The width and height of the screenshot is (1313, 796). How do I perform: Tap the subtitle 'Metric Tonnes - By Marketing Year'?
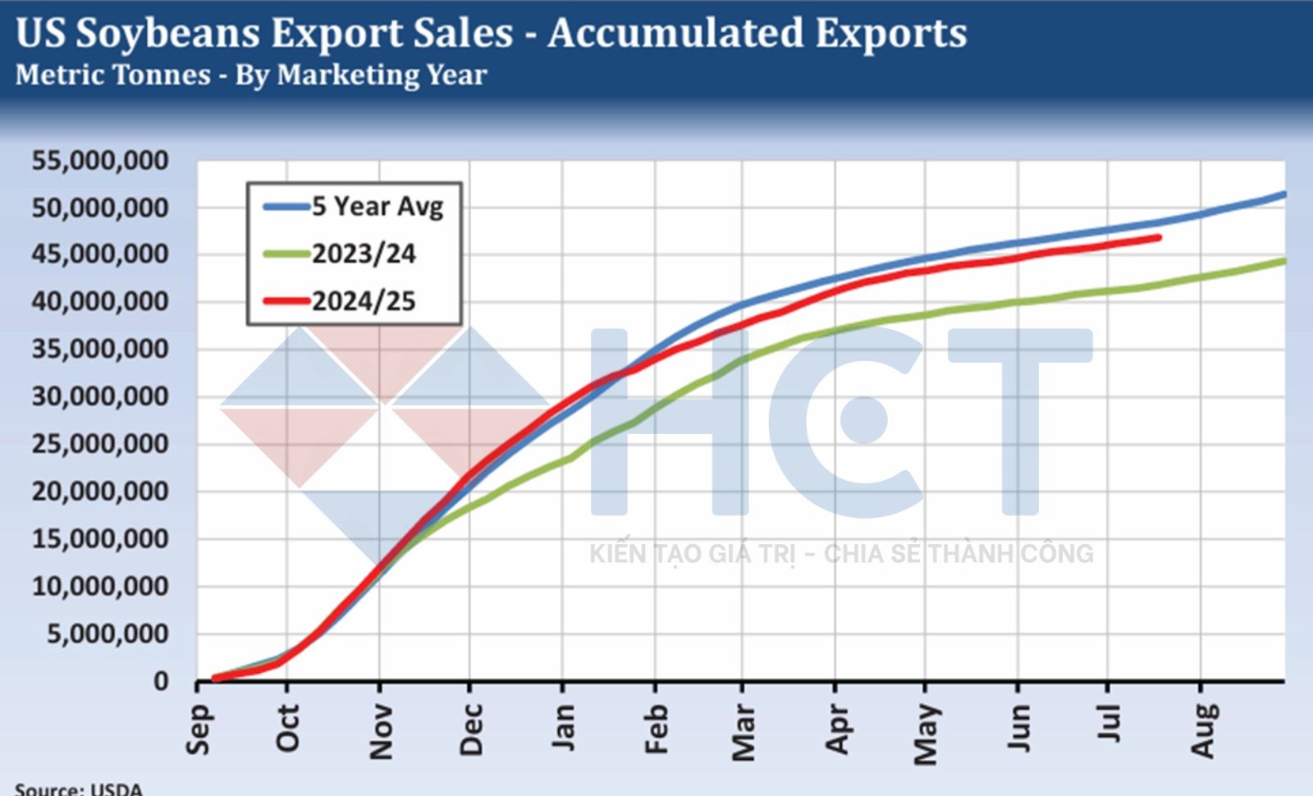coord(251,75)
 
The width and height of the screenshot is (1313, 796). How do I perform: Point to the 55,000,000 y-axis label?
coord(100,161)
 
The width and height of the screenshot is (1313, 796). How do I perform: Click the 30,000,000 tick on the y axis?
coord(100,397)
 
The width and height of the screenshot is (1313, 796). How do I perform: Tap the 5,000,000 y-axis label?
coord(108,634)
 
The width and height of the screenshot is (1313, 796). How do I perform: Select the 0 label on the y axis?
coord(161,681)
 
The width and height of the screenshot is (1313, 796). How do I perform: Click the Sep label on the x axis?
coord(199,729)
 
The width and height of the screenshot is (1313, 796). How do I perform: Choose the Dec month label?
coord(471,729)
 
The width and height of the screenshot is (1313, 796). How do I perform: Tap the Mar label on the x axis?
coord(743,731)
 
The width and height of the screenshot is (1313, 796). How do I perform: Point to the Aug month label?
coord(1202,730)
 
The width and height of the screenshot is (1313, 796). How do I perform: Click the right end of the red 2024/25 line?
coord(1159,238)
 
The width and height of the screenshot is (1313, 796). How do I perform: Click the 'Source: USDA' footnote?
coord(79,789)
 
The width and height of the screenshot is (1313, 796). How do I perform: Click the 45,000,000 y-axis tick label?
coord(100,255)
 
